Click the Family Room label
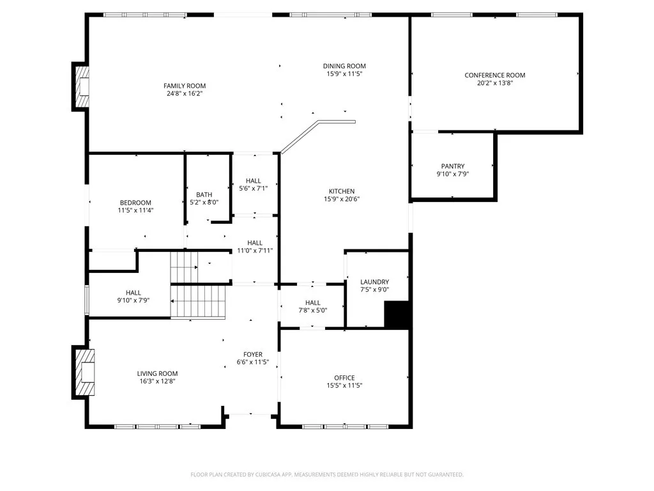tap(185, 86)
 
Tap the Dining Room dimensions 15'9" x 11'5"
tap(344, 74)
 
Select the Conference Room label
tap(495, 75)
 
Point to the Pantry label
tap(453, 166)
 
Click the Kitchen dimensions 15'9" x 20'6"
tap(342, 199)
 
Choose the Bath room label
tap(204, 194)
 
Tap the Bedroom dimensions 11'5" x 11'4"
tap(135, 210)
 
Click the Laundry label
tap(374, 282)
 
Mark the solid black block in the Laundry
tap(397, 315)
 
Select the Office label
tap(344, 378)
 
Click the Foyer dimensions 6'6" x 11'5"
tap(253, 362)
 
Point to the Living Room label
tap(157, 373)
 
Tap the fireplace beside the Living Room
tap(85, 372)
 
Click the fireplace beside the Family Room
tap(82, 86)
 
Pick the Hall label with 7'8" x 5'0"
tap(313, 302)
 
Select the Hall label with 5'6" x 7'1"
tap(253, 181)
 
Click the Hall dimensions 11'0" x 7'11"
tap(255, 251)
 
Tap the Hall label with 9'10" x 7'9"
tap(133, 293)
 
